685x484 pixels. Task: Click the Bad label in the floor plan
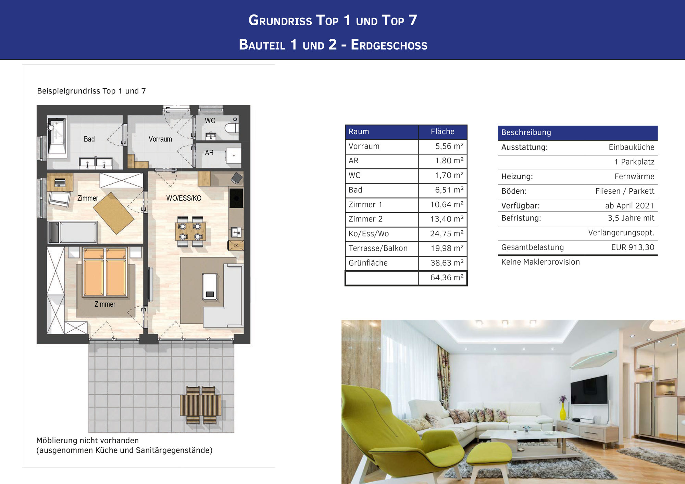[x=89, y=139]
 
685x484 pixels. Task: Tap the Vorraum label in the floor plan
[x=160, y=139]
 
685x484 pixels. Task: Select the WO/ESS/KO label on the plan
[x=184, y=198]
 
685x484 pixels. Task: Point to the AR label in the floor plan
[x=209, y=153]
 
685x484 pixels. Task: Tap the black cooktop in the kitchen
[x=236, y=198]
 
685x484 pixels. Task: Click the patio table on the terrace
[x=201, y=405]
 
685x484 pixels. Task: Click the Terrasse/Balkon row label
[x=378, y=248]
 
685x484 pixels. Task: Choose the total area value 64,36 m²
[x=447, y=278]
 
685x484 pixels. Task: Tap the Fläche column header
[x=443, y=131]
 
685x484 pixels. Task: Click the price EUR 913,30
[x=633, y=247]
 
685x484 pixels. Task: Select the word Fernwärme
[x=634, y=176]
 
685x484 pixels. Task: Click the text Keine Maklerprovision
[x=540, y=262]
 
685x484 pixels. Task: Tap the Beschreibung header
[x=526, y=132]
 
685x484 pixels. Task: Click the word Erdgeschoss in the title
[x=389, y=45]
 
